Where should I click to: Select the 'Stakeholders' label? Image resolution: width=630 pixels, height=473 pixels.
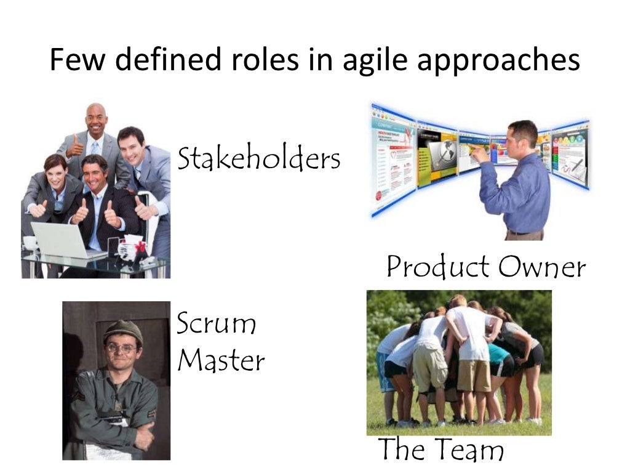click(258, 159)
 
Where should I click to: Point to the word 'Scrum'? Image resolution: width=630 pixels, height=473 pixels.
click(216, 324)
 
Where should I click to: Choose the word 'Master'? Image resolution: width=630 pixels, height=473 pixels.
click(221, 360)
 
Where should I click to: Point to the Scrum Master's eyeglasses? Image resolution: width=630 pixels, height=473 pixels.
click(121, 348)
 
